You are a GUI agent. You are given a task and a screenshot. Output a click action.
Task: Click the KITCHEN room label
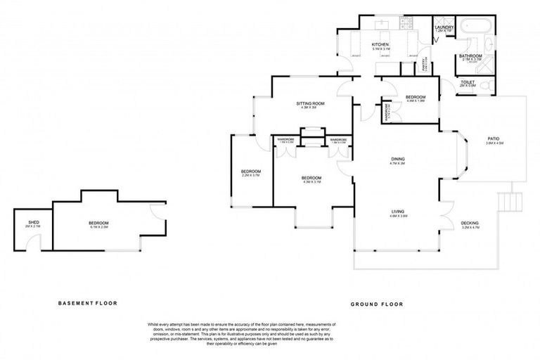(x=380, y=44)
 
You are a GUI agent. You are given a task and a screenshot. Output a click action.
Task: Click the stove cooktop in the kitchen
(x=409, y=24)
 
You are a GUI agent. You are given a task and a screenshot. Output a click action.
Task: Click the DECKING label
(x=470, y=224)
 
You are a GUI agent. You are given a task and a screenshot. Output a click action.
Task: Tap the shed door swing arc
(x=28, y=243)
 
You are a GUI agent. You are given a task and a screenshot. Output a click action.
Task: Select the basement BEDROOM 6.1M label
(x=98, y=223)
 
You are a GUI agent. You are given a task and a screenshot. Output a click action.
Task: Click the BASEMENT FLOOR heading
(x=87, y=303)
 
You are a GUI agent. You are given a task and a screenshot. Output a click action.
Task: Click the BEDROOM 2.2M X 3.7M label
(x=251, y=173)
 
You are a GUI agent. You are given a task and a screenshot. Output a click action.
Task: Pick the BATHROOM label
(x=470, y=56)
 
